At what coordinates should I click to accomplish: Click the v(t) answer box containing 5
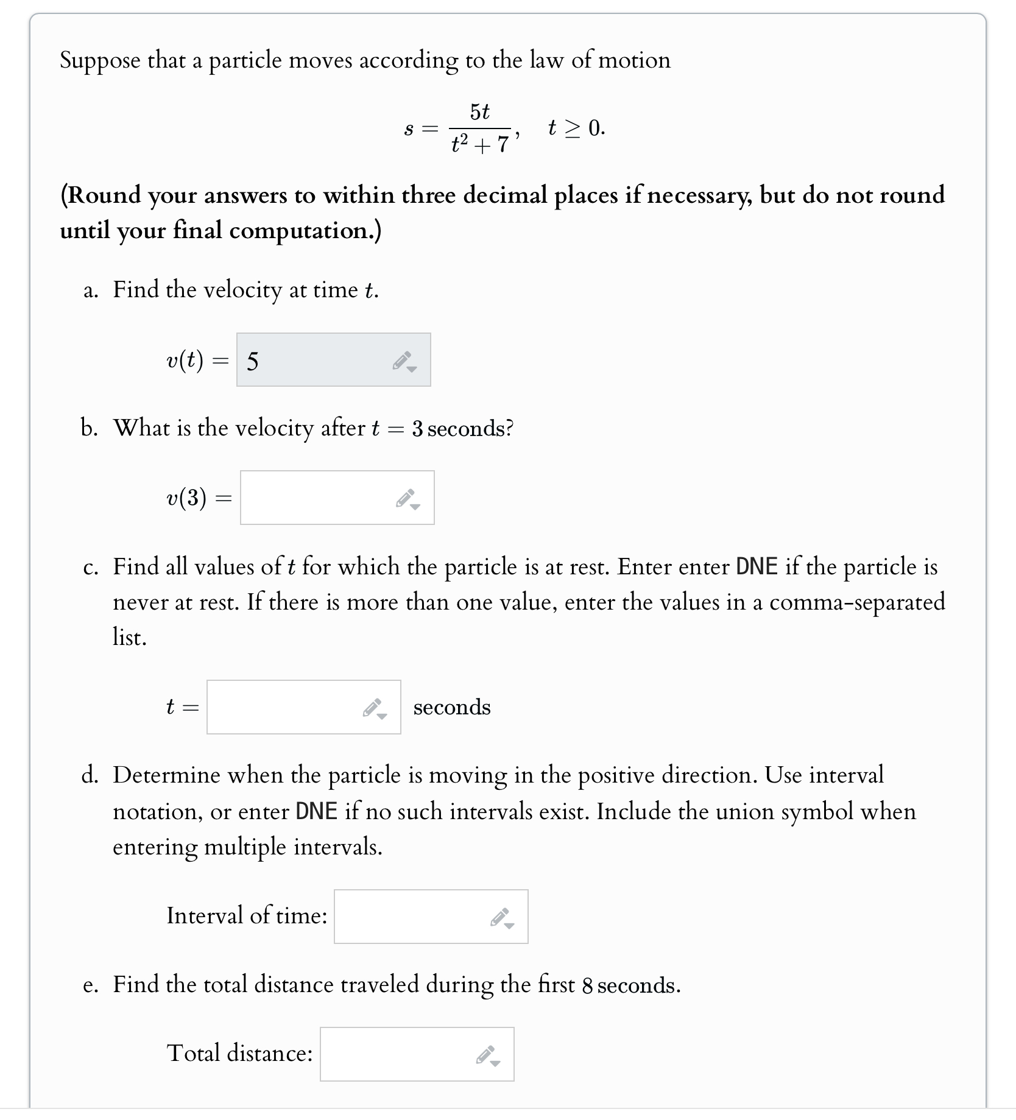click(x=317, y=360)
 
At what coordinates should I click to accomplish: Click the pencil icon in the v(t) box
click(x=404, y=361)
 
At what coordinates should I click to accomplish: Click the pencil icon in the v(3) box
click(x=407, y=499)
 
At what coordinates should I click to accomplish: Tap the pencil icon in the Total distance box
click(x=487, y=1055)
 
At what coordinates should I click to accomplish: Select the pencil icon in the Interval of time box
click(x=501, y=918)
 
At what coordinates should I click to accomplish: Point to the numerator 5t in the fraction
click(x=480, y=112)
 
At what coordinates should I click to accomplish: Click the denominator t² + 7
click(x=480, y=144)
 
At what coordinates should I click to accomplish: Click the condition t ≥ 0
click(x=576, y=128)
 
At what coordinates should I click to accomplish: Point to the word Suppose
click(x=100, y=61)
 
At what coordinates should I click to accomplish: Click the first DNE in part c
click(x=757, y=567)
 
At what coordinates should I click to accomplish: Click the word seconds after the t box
click(x=452, y=707)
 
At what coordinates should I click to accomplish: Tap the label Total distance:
click(x=240, y=1053)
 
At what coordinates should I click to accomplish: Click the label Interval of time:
click(x=247, y=915)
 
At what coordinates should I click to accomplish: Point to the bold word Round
click(x=107, y=195)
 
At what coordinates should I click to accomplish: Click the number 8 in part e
click(x=587, y=986)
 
